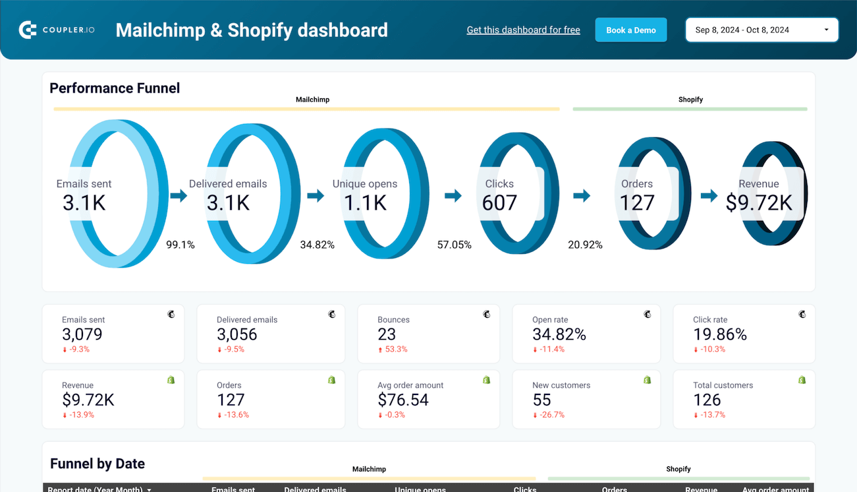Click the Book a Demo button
(630, 30)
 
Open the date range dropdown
(761, 30)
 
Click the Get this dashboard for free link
(523, 30)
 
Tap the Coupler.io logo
(57, 30)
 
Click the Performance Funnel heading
(115, 88)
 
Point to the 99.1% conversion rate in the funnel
(180, 245)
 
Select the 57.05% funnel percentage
(455, 245)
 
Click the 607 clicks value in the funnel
(499, 203)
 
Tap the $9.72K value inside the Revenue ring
(759, 203)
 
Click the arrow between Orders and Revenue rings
(709, 195)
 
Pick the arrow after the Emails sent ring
(179, 195)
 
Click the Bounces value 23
(387, 334)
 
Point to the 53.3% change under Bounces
(393, 350)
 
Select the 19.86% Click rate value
(720, 334)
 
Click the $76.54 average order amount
(403, 400)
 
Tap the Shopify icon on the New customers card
(648, 380)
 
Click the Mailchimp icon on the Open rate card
(648, 315)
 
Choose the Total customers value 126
(707, 400)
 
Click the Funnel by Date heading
(97, 464)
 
